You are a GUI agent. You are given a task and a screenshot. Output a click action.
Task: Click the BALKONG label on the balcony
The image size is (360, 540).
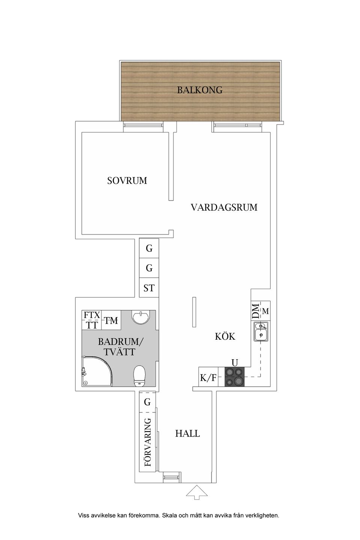[x=200, y=90]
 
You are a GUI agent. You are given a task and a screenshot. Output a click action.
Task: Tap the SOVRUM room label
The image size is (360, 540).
[x=127, y=181]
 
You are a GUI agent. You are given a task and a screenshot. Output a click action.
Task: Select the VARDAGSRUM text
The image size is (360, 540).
[x=224, y=207]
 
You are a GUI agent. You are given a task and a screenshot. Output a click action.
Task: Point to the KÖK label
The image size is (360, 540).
[x=225, y=336]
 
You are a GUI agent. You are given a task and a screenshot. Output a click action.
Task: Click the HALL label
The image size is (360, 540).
[x=187, y=433]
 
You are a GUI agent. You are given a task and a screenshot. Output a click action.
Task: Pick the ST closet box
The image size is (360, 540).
[x=149, y=288]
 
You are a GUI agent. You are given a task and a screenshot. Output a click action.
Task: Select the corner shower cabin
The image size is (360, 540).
[x=96, y=371]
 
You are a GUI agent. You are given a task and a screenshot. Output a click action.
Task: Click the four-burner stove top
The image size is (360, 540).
[x=234, y=377]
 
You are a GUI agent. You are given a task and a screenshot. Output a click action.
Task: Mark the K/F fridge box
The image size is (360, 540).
[x=208, y=378]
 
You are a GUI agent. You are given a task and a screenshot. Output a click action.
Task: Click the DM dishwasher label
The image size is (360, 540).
[x=256, y=311]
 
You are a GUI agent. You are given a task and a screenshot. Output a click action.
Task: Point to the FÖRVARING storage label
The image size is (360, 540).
[x=148, y=442]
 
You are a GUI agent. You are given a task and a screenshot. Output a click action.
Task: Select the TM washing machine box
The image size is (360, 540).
[x=111, y=321]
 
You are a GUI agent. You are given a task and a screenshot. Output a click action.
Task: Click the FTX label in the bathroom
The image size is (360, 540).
[x=91, y=315]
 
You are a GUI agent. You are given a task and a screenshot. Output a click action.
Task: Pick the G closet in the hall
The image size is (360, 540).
[x=147, y=402]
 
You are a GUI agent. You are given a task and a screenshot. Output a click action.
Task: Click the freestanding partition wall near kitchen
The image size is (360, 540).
[x=194, y=312]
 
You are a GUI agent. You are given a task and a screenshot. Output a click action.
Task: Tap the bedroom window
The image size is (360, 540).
[x=144, y=127]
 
